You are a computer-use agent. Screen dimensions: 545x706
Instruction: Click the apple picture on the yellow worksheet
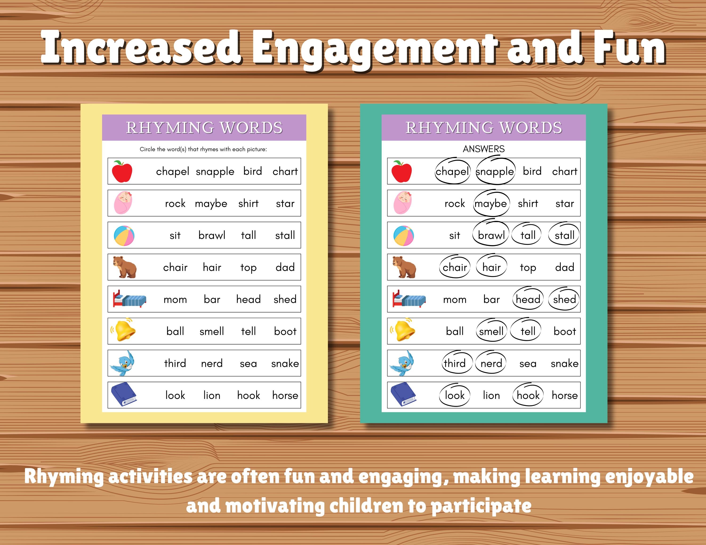click(122, 171)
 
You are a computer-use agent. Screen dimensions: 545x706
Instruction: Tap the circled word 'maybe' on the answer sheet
click(491, 203)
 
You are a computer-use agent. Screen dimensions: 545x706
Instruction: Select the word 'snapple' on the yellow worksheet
click(215, 171)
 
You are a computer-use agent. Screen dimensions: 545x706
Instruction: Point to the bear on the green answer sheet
click(404, 267)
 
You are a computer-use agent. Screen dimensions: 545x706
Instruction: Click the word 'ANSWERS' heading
click(484, 149)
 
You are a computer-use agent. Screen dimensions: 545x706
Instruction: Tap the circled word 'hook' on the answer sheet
click(528, 395)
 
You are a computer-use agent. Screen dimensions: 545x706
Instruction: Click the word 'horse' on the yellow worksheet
click(285, 395)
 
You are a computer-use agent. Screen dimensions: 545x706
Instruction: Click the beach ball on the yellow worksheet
click(124, 235)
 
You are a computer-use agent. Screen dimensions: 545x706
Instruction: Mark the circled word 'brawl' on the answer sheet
click(491, 235)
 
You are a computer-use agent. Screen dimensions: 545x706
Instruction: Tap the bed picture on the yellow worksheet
click(129, 299)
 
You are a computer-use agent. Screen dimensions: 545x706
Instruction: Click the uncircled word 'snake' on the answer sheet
click(564, 363)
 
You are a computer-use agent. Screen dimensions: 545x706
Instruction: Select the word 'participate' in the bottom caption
click(481, 506)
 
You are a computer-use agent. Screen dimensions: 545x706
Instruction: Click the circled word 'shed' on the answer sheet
click(564, 299)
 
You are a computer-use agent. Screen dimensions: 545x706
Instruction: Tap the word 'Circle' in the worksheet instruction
click(147, 149)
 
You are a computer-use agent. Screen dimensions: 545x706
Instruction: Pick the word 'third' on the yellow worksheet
click(175, 363)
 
